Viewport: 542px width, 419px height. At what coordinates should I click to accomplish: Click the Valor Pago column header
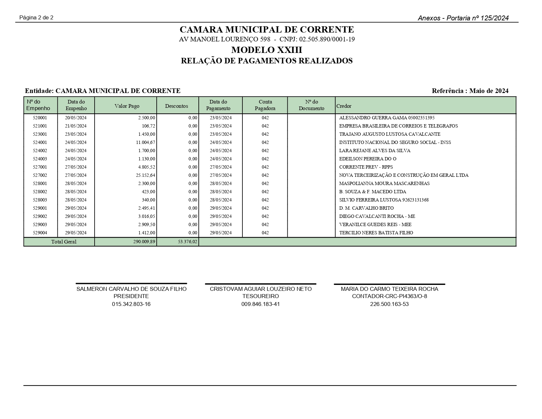point(127,106)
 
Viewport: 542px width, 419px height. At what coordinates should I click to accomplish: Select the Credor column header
point(344,106)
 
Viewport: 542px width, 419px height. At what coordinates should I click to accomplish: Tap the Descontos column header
point(176,106)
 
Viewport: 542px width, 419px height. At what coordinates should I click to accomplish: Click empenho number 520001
point(40,118)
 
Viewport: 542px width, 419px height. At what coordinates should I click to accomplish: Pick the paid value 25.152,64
point(146,175)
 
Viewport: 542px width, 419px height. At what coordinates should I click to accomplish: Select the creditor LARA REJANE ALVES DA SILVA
point(374,151)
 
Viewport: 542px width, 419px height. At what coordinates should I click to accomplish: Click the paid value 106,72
point(149,126)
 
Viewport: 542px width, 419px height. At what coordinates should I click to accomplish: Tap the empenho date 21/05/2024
point(76,126)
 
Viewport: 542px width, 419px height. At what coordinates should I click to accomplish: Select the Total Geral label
point(64,242)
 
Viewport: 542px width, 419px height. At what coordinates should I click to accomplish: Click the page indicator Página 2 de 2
point(36,17)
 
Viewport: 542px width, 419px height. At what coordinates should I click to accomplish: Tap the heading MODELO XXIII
point(266,50)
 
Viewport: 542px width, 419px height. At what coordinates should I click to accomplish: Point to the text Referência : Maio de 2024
point(470,91)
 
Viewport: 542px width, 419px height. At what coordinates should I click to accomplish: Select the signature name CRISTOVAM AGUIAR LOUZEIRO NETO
point(260,289)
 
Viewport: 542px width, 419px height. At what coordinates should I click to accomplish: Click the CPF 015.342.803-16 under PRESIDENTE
point(131,304)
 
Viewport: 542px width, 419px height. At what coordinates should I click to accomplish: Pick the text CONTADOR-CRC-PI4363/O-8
point(389,296)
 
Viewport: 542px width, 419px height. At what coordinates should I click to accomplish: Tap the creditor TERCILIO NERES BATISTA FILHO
point(376,233)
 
